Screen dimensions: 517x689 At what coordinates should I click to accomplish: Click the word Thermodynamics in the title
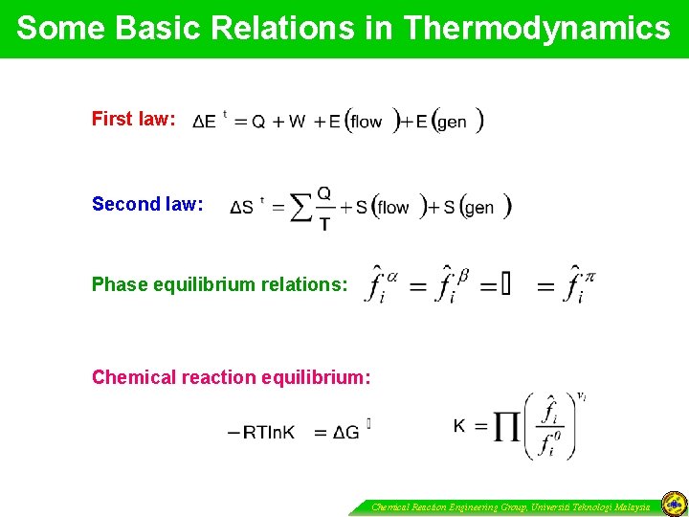(537, 29)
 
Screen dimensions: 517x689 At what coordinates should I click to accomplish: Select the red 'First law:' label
(133, 119)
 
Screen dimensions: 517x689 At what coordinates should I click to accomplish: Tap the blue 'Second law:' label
(147, 204)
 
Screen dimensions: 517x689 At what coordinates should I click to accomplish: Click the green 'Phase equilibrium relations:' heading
(219, 284)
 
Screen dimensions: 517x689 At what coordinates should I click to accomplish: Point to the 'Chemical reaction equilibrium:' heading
(231, 377)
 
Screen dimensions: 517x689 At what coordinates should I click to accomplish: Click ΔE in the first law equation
(205, 122)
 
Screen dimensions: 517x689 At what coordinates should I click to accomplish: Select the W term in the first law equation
(297, 122)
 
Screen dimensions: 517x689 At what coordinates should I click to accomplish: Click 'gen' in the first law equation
(452, 122)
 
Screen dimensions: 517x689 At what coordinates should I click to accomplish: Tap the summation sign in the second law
(300, 207)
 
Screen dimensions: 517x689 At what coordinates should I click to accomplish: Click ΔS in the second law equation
(243, 208)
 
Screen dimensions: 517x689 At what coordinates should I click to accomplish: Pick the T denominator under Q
(324, 223)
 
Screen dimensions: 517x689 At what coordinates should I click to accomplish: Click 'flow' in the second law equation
(393, 208)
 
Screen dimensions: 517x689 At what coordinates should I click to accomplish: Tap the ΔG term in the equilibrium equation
(347, 433)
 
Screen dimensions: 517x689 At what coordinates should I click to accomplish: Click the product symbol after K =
(507, 427)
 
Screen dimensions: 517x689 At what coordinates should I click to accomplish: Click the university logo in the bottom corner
(673, 505)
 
